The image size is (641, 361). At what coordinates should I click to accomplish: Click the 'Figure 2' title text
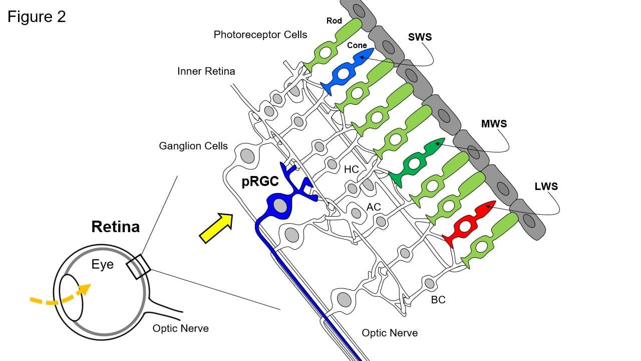tap(37, 17)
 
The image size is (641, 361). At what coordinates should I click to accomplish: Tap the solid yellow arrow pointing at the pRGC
tap(216, 228)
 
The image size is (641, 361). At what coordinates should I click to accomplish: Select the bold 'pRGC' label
tap(260, 182)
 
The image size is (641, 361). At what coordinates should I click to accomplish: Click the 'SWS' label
tap(420, 37)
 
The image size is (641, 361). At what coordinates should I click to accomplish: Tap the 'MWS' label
tap(494, 124)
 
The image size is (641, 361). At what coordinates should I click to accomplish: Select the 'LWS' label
tap(546, 187)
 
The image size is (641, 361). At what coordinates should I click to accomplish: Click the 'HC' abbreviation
tap(351, 169)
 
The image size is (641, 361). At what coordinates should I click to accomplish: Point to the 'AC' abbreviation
tap(374, 207)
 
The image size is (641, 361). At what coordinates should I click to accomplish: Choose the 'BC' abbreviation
tap(438, 300)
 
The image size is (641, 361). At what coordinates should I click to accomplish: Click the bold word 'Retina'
tap(116, 227)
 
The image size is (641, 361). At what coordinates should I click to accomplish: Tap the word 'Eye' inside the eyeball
tap(103, 264)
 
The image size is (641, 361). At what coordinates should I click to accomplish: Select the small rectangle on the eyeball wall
tap(139, 267)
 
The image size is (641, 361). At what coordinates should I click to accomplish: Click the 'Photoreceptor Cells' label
tap(260, 35)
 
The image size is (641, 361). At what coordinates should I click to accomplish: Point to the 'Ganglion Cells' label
tap(193, 146)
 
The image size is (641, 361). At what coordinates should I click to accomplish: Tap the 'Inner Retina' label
tap(206, 71)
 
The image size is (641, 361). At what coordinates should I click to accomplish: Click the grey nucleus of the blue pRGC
tap(280, 206)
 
